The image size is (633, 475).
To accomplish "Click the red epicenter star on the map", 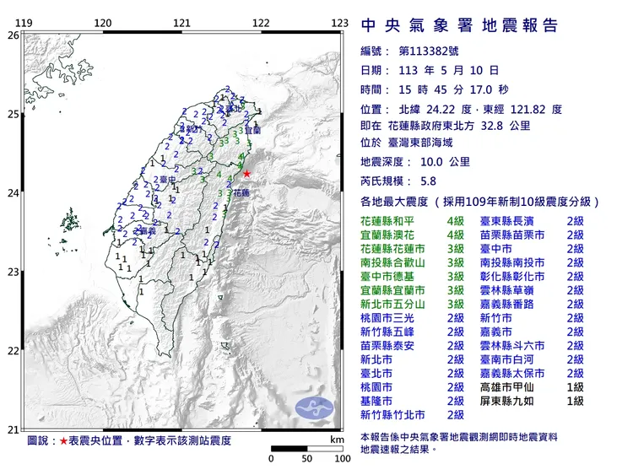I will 246,174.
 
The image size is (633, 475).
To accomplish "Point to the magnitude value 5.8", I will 428,181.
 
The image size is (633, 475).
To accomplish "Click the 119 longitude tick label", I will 25,24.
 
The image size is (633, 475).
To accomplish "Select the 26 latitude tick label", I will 12,35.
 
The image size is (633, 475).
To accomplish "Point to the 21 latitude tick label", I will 12,429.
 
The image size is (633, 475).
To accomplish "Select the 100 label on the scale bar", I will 342,459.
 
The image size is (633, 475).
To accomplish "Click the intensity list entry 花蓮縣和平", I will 390,219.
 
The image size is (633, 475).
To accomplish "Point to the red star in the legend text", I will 63,441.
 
